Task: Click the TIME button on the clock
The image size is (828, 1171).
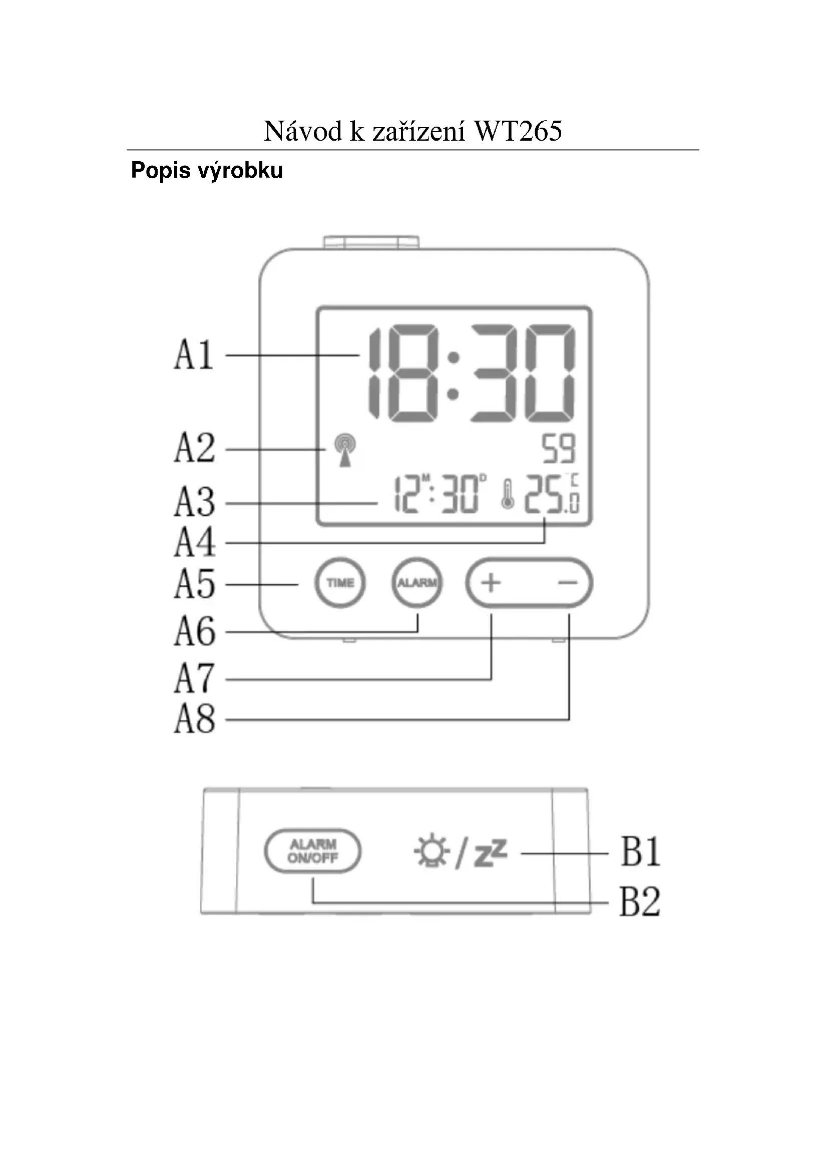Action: [340, 582]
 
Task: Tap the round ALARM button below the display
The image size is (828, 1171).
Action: [417, 582]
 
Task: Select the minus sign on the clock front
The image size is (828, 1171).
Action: [567, 582]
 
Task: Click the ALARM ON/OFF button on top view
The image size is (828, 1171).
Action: [312, 851]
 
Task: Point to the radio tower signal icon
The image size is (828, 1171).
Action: [345, 450]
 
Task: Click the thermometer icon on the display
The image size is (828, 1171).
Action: [507, 494]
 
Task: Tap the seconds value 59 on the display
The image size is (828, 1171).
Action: [559, 449]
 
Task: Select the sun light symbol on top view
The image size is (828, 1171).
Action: [432, 851]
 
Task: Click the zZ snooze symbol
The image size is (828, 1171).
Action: [491, 853]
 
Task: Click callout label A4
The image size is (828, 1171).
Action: [195, 542]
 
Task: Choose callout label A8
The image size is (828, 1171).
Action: [195, 719]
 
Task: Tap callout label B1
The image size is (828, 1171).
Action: [640, 852]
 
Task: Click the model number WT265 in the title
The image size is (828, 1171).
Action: [518, 131]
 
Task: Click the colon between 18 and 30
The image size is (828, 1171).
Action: [453, 375]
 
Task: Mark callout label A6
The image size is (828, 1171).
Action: [195, 631]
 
